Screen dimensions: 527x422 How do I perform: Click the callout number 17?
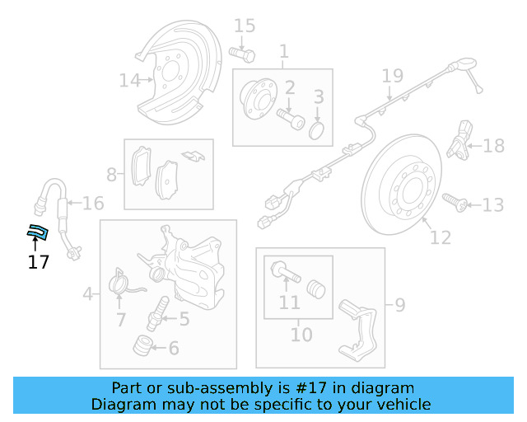[38, 263]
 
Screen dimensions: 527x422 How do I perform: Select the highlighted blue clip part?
[37, 232]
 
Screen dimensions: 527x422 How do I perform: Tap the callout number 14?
[129, 81]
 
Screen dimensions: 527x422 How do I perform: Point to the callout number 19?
[392, 77]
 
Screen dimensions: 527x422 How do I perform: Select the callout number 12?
[441, 237]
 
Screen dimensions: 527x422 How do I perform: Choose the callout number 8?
[112, 174]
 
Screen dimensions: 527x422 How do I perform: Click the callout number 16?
[93, 204]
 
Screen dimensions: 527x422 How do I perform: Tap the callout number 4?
[87, 293]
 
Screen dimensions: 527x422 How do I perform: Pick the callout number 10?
[301, 335]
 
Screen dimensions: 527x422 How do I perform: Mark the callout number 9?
[399, 306]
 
